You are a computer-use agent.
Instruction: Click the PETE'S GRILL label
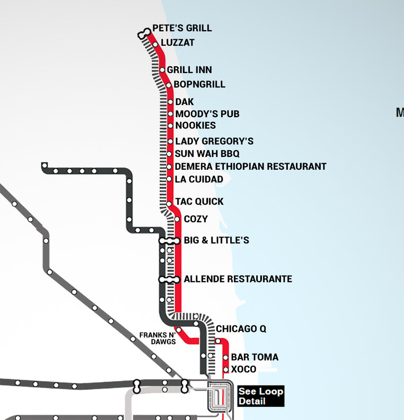click(x=182, y=28)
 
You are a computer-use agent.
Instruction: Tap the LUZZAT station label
click(x=178, y=42)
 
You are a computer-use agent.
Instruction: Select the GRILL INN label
click(x=189, y=70)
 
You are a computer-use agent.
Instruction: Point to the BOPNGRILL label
click(x=199, y=84)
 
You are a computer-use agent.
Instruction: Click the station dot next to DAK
click(x=170, y=102)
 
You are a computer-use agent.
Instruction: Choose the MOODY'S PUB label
click(x=207, y=114)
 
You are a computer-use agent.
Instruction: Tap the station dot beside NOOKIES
click(x=170, y=126)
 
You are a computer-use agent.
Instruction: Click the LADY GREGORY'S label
click(x=214, y=141)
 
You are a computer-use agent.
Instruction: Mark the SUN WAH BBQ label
click(x=207, y=154)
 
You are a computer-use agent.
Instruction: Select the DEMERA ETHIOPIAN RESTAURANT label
click(x=250, y=167)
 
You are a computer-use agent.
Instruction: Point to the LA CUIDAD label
click(x=199, y=179)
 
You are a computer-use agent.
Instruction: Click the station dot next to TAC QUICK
click(x=169, y=204)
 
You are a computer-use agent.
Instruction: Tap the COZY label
click(x=196, y=219)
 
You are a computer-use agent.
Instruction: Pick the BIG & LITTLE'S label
click(x=216, y=241)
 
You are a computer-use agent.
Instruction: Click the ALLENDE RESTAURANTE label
click(x=238, y=279)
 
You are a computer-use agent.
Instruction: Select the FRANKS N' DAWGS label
click(x=157, y=338)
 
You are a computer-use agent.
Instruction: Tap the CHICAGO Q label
click(x=241, y=329)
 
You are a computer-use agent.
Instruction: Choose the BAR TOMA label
click(x=254, y=357)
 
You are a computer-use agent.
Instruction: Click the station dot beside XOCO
click(x=225, y=370)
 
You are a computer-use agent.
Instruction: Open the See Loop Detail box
click(x=260, y=396)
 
